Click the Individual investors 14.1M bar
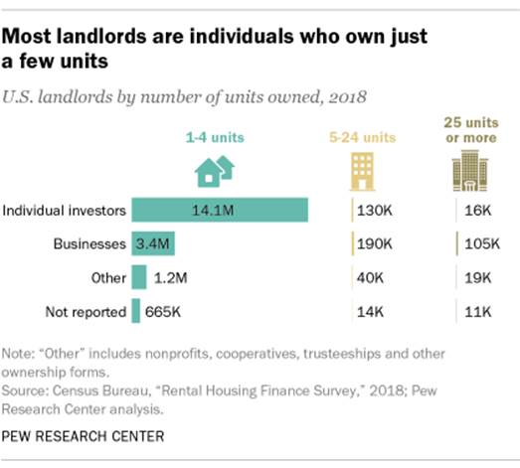click(220, 210)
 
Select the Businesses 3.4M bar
click(153, 243)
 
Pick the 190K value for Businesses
click(376, 243)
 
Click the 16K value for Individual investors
click(475, 210)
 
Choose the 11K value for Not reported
click(474, 312)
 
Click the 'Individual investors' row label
click(65, 210)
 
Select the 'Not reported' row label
click(86, 312)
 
